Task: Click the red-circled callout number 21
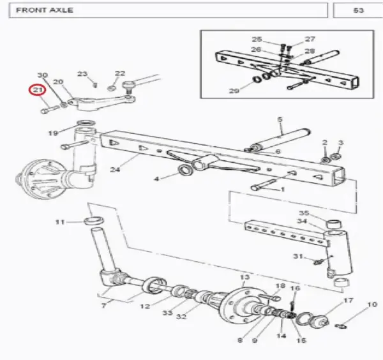pos(38,90)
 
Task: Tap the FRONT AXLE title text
pos(45,10)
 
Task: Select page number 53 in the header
pos(358,10)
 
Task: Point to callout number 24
pos(116,169)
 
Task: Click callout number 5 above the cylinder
pos(280,119)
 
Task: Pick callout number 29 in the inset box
pos(234,91)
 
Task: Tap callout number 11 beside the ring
pos(60,222)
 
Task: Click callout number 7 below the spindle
pos(104,305)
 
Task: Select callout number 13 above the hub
pos(244,277)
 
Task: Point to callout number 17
pos(349,301)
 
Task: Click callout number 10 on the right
pos(373,304)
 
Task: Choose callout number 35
pos(304,213)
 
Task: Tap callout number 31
pos(298,256)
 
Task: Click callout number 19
pos(53,133)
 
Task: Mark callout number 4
pos(157,179)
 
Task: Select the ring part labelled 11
pos(94,221)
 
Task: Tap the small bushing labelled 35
pos(334,223)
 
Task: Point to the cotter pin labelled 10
pos(341,326)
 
